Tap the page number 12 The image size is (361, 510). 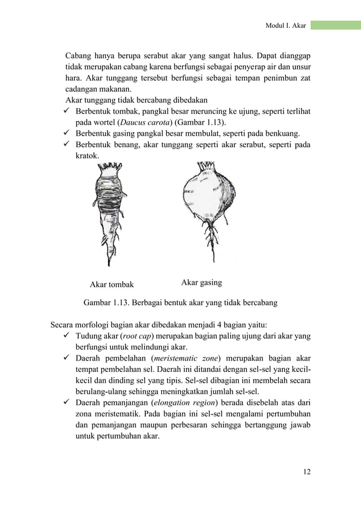point(306,470)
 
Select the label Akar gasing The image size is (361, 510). point(201,282)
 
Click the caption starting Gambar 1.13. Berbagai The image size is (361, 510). point(180,303)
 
